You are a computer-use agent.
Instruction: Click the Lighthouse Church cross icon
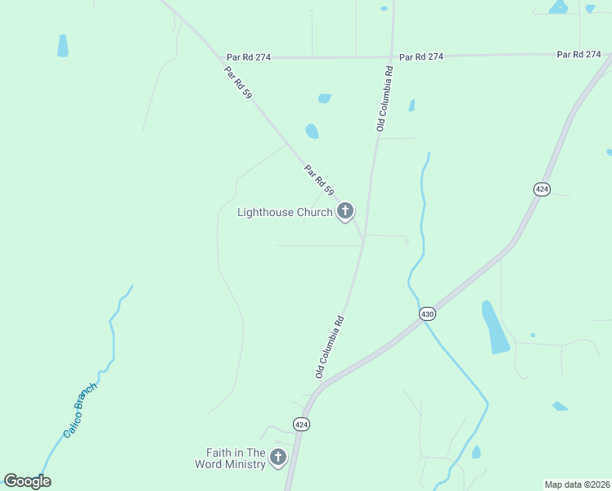point(345,212)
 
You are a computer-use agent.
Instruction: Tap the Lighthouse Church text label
point(284,213)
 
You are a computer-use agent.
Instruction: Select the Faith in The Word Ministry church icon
point(278,457)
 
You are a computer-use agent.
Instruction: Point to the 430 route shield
point(427,313)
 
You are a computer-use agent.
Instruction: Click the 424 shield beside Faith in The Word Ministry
point(301,425)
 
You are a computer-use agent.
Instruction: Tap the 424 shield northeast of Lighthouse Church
point(542,189)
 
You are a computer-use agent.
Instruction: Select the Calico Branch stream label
point(81,408)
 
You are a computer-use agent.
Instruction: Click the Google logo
point(27,481)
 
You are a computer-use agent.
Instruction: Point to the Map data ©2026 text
point(577,484)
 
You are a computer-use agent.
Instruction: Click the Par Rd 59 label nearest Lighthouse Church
point(319,180)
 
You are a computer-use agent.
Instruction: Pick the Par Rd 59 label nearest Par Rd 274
point(238,82)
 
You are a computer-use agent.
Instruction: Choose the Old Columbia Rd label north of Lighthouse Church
point(385,99)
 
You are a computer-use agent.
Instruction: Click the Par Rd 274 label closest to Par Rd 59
point(249,57)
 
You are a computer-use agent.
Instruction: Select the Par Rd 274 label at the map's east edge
point(579,55)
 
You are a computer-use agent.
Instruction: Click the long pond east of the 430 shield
point(495,327)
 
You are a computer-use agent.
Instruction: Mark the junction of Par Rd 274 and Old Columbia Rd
point(391,56)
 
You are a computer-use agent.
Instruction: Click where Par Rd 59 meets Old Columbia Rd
point(363,244)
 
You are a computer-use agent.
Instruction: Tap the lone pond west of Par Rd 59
point(63,46)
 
